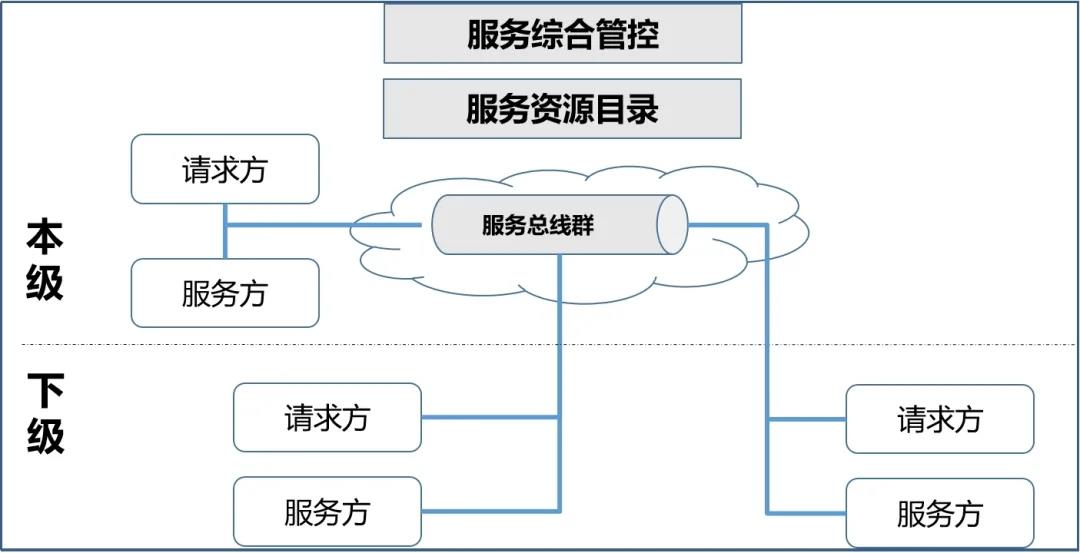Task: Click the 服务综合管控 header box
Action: (562, 34)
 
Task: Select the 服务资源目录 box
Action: (562, 108)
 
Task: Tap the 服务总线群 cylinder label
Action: (537, 225)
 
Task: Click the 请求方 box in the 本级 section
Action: (225, 169)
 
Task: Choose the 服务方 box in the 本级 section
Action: (225, 293)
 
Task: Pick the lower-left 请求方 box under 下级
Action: (327, 417)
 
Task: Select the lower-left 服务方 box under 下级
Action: (327, 511)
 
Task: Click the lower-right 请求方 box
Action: (939, 419)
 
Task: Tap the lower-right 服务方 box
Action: (939, 513)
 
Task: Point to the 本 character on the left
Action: (45, 237)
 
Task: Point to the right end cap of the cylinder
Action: (673, 224)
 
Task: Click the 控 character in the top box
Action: (643, 34)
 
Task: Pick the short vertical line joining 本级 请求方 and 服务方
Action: (225, 231)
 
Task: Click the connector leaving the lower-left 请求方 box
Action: (490, 417)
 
